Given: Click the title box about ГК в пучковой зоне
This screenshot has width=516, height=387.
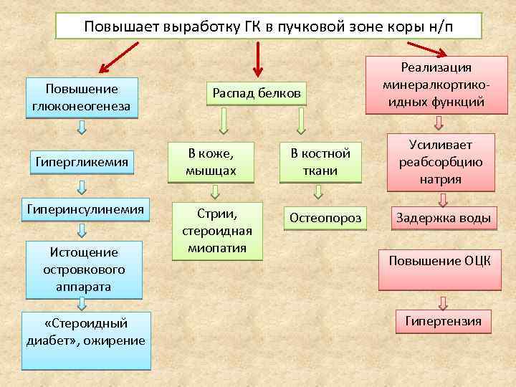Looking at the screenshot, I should (269, 27).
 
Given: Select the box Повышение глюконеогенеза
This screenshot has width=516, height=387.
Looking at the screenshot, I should (82, 99).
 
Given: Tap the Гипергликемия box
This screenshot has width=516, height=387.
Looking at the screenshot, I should (82, 163).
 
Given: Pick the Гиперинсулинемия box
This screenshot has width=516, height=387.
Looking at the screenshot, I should (85, 209).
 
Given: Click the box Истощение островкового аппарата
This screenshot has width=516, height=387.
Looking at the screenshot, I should (82, 269).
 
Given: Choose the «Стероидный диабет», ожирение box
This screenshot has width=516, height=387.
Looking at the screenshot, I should (86, 340).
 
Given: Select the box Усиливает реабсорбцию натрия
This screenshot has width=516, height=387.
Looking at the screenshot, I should (441, 162).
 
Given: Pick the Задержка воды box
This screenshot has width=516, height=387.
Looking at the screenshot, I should (444, 217).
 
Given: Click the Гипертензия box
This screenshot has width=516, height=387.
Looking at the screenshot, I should (444, 321).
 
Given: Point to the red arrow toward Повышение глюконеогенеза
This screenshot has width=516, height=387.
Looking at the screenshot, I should (118, 57).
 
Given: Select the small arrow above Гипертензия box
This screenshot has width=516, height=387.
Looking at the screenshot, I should (444, 302).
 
